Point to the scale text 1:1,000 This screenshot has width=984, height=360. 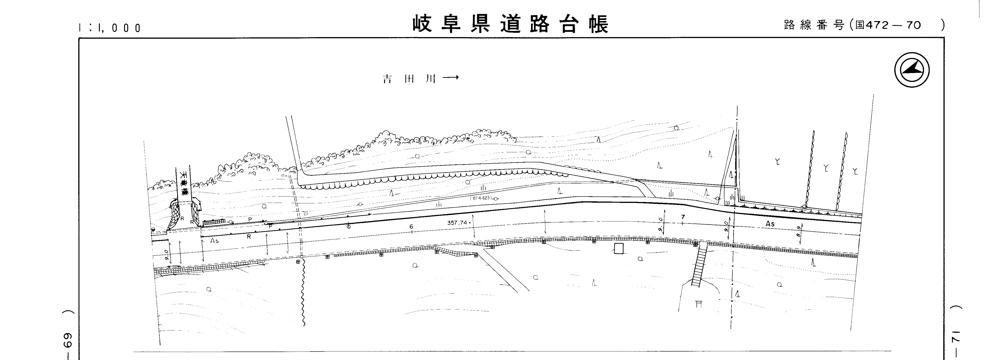tap(110, 28)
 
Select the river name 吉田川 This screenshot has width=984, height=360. tap(409, 79)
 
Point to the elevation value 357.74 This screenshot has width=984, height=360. tap(457, 222)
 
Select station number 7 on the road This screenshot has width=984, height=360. tap(683, 217)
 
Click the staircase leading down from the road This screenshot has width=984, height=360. tap(699, 266)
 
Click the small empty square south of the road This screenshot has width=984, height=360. tap(618, 248)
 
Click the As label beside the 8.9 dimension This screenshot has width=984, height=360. tap(770, 224)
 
